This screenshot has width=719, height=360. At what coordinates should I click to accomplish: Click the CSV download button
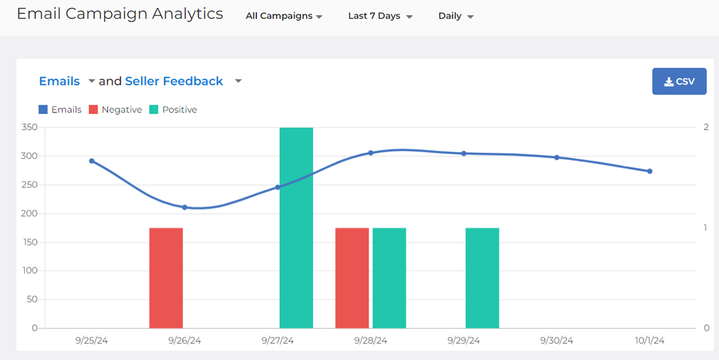679,82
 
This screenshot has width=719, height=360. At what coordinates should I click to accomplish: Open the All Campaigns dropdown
284,16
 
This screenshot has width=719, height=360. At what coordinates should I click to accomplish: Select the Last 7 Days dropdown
380,16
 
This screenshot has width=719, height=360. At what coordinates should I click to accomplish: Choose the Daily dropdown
456,16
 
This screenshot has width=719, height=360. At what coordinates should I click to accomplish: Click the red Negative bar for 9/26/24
166,278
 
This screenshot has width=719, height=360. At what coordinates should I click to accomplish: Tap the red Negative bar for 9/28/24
352,278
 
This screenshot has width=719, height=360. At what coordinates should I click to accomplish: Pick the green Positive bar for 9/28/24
390,278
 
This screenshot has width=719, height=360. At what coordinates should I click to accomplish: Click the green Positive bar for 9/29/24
482,278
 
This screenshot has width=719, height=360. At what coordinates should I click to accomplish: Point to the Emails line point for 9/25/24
92,161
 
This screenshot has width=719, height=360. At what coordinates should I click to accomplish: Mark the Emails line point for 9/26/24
184,207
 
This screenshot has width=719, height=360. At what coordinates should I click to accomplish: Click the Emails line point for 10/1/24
650,171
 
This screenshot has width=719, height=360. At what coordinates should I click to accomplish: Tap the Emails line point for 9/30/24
557,157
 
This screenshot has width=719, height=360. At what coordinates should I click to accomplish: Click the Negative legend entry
115,110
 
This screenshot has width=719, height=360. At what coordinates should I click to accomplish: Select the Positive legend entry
173,110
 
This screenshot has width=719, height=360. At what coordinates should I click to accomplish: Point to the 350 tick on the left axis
29,127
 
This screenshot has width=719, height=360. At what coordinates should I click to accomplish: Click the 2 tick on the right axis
706,127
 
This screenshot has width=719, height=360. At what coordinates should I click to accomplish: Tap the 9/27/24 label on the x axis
278,340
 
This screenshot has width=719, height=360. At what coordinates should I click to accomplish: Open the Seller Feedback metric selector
183,81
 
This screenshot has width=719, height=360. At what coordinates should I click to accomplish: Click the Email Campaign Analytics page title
120,14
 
